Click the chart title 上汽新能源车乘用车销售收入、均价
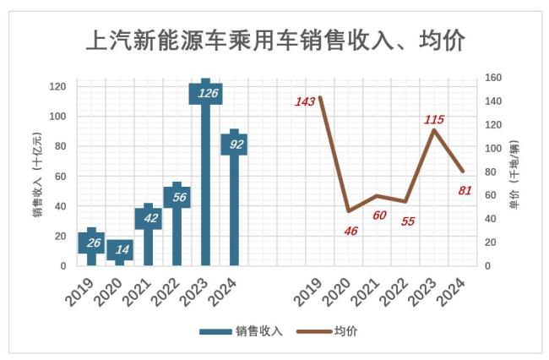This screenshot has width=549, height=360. coord(275,40)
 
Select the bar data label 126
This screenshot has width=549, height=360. coord(205,93)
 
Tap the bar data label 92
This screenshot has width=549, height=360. coord(234,144)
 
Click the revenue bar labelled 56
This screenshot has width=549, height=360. coord(177,197)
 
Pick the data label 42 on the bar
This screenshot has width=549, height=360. coord(148,218)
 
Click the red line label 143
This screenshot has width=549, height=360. coord(305,101)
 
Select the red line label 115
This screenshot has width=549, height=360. coord(433,119)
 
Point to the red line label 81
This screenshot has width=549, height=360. coord(465,189)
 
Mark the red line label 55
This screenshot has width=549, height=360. coord(408,221)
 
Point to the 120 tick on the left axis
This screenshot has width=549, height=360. coord(58,86)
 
